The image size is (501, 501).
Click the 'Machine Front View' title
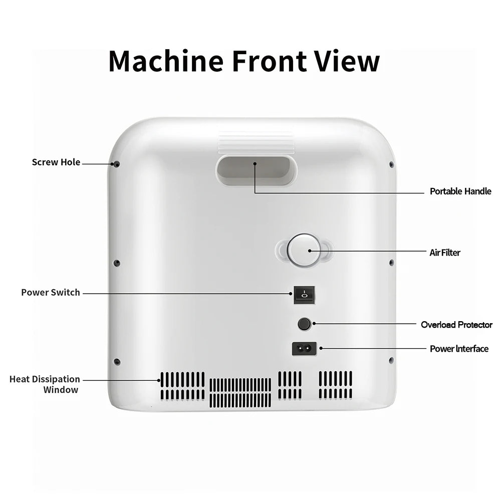tap(244, 61)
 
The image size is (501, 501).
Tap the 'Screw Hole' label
tap(56, 162)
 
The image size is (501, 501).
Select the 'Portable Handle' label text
tap(460, 191)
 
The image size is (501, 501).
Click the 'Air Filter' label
tap(445, 253)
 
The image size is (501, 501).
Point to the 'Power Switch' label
tap(51, 293)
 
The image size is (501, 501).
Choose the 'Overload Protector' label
tap(456, 325)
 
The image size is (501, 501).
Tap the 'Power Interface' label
tap(459, 349)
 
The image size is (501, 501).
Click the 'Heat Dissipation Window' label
tap(45, 384)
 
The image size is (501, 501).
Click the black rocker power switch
tap(304, 295)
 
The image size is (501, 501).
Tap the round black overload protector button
tap(304, 324)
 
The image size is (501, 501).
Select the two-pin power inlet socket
tap(304, 349)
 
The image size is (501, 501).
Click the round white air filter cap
tap(304, 250)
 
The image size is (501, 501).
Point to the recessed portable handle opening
tap(256, 170)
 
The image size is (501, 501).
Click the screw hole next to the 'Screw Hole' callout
tap(117, 164)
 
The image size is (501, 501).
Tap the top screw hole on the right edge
tap(391, 164)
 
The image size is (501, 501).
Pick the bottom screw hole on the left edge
tap(117, 362)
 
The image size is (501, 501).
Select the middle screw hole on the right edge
tap(391, 263)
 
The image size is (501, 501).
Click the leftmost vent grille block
tap(182, 386)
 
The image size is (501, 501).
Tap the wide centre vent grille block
tap(240, 393)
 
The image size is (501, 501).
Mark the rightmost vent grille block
tap(336, 385)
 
